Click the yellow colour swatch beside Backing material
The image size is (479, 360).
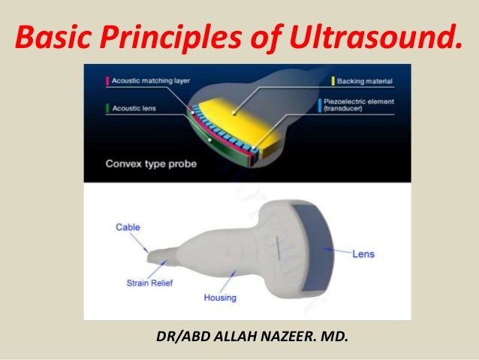333,79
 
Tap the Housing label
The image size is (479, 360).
220,298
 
